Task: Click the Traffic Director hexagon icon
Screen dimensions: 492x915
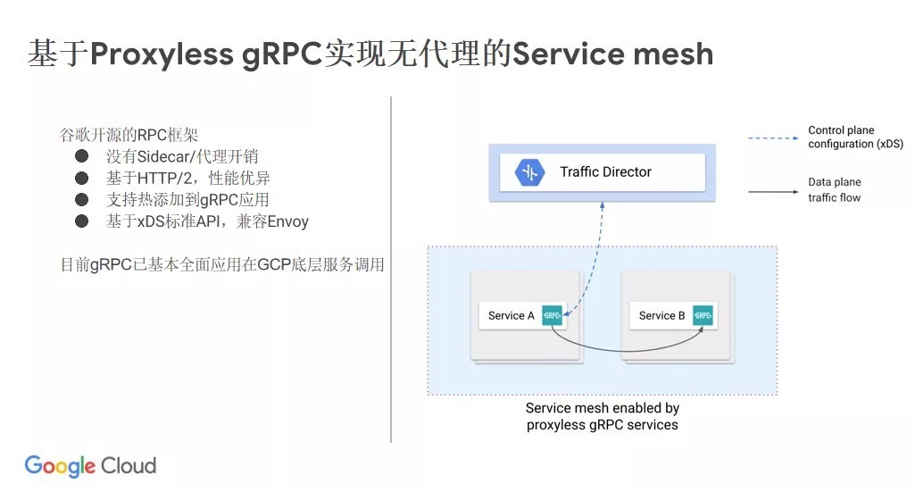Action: pos(529,172)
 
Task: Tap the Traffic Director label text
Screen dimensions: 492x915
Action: pos(605,171)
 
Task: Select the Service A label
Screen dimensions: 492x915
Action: pos(511,315)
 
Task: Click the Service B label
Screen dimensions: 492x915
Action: pos(661,315)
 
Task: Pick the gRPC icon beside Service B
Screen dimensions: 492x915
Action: pos(703,315)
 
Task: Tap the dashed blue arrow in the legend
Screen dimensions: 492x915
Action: pos(772,138)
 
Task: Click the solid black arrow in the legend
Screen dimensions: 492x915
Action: pos(772,190)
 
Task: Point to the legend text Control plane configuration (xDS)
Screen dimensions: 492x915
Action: pos(841,137)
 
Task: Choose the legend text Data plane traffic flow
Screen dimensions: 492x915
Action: pos(835,189)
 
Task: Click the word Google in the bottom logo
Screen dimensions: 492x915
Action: pos(59,466)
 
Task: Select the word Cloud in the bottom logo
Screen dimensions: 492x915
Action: pos(129,465)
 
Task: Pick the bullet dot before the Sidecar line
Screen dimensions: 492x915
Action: pos(82,156)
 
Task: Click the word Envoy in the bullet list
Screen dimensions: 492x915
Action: pos(287,221)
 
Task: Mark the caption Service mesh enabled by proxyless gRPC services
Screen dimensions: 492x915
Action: pos(602,416)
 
